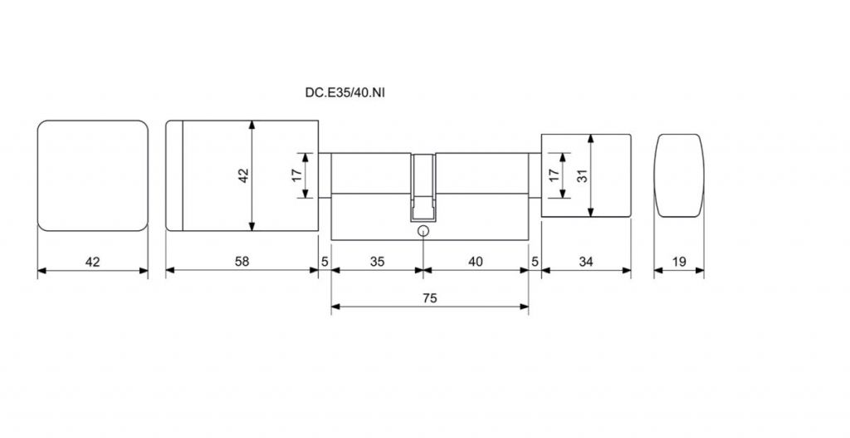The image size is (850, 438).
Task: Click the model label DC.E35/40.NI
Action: [x=345, y=92]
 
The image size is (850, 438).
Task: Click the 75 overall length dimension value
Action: [x=430, y=298]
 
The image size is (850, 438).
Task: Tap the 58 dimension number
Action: [x=242, y=262]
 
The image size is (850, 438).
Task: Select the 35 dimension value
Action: [x=378, y=262]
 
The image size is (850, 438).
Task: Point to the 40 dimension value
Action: [x=476, y=262]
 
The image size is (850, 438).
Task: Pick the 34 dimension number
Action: [x=586, y=262]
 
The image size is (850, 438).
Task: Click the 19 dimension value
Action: [x=679, y=262]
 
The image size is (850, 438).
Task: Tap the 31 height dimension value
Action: [x=582, y=175]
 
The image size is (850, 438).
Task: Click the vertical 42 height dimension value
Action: [x=243, y=175]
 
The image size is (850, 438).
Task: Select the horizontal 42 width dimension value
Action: [x=93, y=262]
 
